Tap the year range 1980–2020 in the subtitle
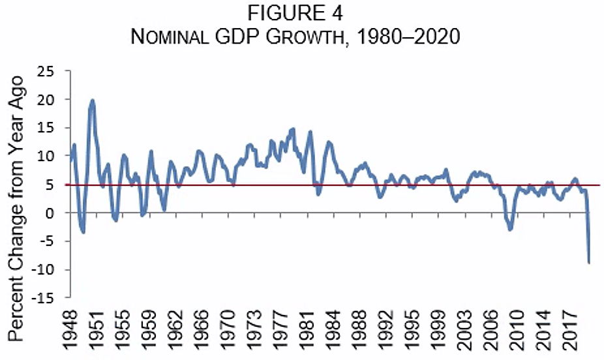click(410, 37)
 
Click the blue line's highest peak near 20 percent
click(93, 100)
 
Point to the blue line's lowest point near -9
click(589, 262)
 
